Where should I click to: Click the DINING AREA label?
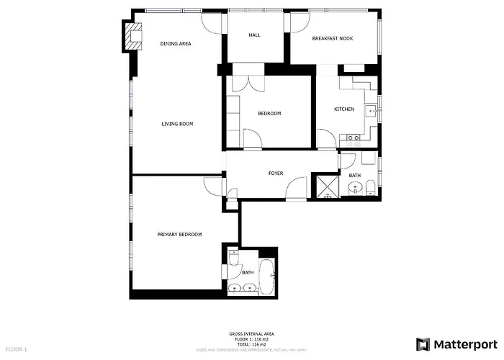point(175,44)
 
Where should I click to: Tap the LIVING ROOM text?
point(177,124)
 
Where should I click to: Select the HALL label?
point(254,35)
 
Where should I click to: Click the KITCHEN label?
point(343,109)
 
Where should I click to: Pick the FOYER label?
point(276,174)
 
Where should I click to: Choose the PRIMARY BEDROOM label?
point(179,235)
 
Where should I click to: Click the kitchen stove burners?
point(354,140)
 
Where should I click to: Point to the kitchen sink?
point(370,110)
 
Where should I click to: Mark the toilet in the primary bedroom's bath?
point(233,258)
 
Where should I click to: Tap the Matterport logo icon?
point(423,343)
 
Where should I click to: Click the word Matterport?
point(466,344)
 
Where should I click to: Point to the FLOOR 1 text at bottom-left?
point(15,349)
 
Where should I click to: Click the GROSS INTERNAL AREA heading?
point(251,333)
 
